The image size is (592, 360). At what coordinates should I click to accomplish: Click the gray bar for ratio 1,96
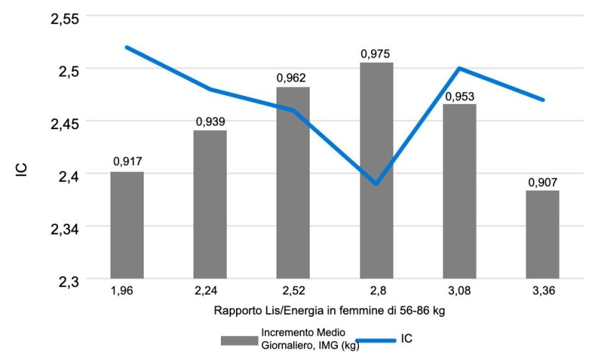pyautogui.click(x=127, y=225)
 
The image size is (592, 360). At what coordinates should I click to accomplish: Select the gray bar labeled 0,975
pyautogui.click(x=376, y=170)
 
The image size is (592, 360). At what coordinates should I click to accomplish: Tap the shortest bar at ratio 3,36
pyautogui.click(x=542, y=234)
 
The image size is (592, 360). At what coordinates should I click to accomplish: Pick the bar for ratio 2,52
pyautogui.click(x=293, y=183)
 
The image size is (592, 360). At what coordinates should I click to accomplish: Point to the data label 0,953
pyautogui.click(x=459, y=96)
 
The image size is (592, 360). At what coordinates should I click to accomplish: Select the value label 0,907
pyautogui.click(x=542, y=182)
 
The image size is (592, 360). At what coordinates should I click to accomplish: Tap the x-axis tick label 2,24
pyautogui.click(x=210, y=291)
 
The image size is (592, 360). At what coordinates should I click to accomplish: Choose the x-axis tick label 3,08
pyautogui.click(x=459, y=291)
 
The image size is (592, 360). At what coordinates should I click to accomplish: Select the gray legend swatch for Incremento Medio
pyautogui.click(x=240, y=338)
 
